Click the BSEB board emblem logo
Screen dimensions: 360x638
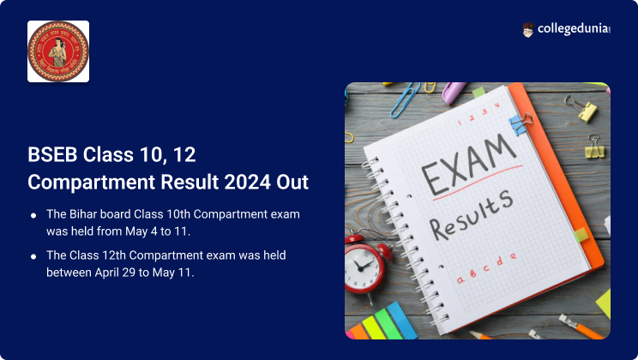coord(58,51)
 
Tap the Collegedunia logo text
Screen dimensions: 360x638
coord(574,30)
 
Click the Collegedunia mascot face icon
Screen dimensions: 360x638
coord(528,30)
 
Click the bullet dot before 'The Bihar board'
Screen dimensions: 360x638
coord(33,214)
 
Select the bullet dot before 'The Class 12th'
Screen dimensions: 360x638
coord(33,256)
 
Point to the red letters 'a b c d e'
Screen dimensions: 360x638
coord(485,266)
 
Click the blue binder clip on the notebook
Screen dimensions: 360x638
coord(521,124)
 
